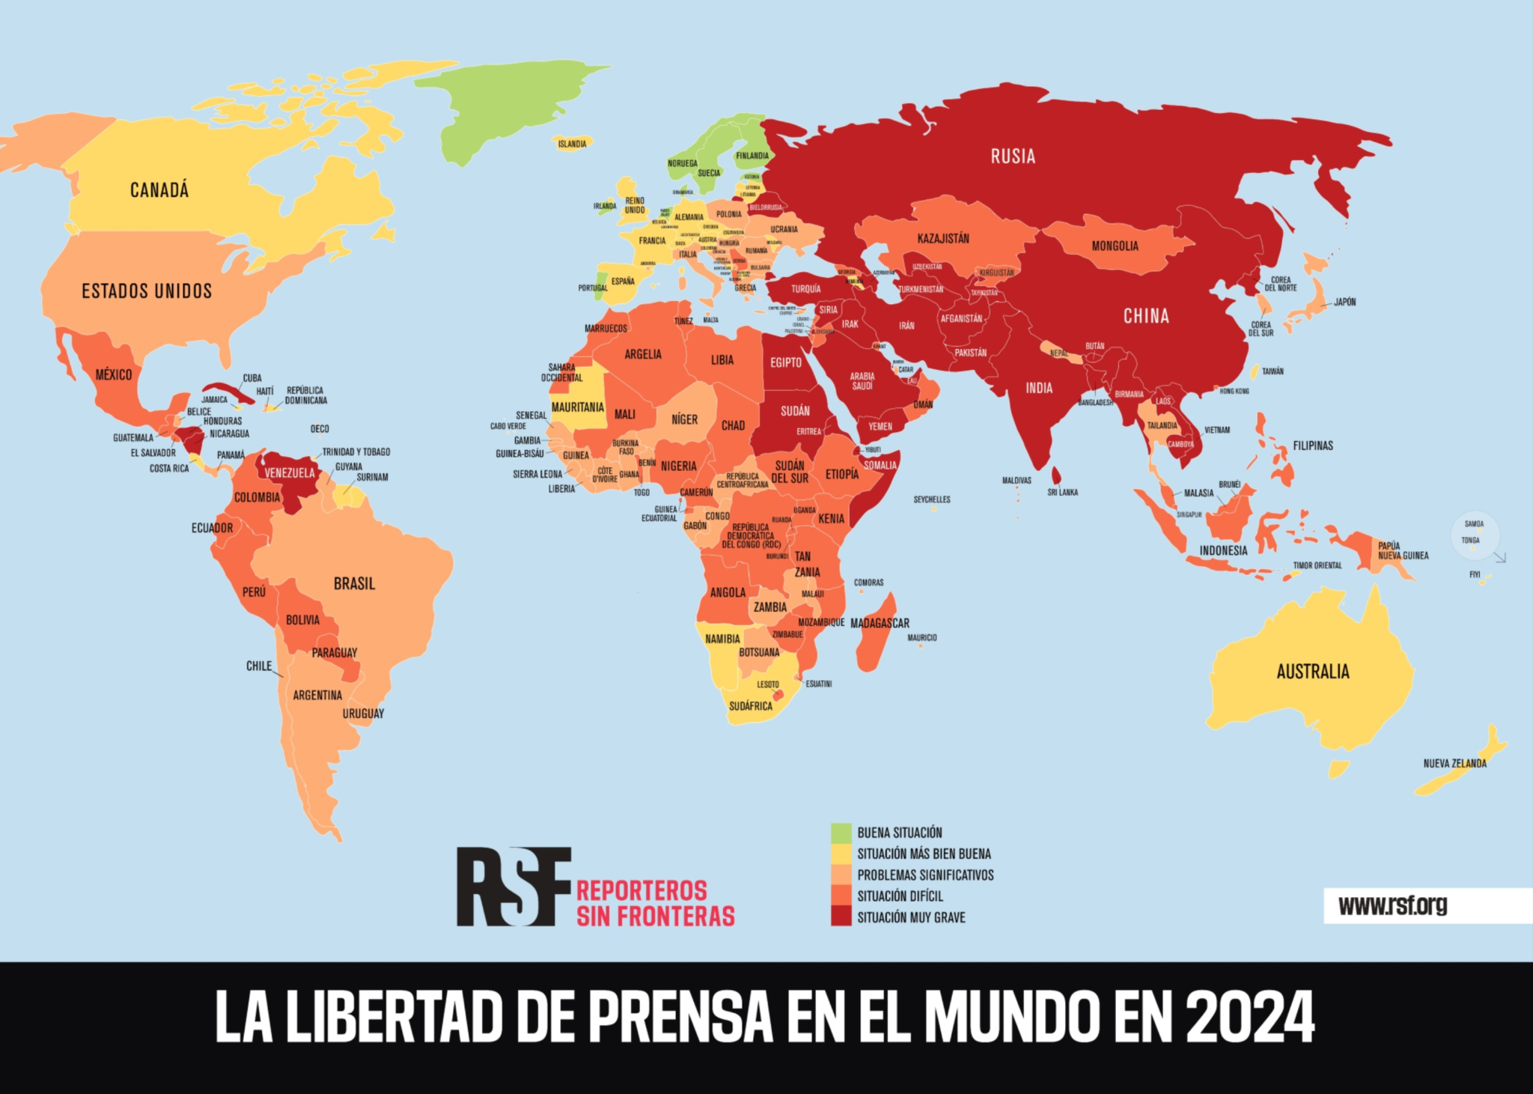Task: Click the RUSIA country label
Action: tap(1013, 156)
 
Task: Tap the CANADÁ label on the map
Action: tap(159, 190)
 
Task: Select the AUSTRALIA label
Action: tap(1313, 672)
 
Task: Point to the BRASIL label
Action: tap(354, 583)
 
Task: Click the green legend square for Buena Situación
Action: tap(841, 833)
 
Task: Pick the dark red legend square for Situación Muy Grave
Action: tap(841, 917)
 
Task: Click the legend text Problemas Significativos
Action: tap(925, 875)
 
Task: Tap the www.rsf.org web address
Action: tap(1392, 905)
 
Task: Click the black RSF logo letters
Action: tap(513, 887)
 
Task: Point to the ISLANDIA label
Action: tap(572, 144)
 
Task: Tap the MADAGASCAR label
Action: tap(880, 623)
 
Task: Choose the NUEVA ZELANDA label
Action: tap(1454, 764)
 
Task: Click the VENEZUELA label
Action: tap(290, 473)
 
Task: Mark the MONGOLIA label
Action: tap(1115, 246)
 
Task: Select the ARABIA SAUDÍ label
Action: tap(862, 381)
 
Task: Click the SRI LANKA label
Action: tap(1062, 493)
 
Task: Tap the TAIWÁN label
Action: tap(1273, 371)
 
